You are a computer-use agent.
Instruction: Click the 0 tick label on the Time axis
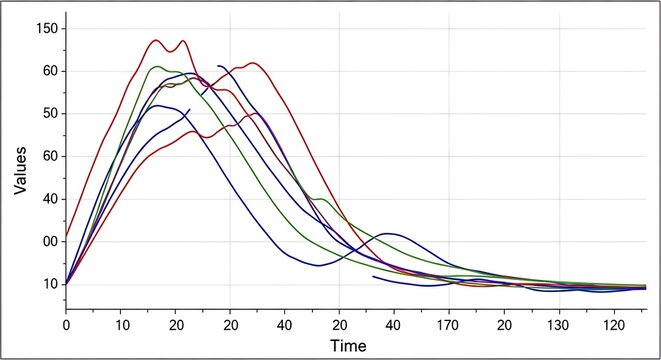(x=66, y=326)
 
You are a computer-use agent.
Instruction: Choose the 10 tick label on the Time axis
(x=121, y=326)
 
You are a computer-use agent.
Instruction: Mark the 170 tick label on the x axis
(x=450, y=326)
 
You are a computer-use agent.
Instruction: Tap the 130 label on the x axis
(x=560, y=326)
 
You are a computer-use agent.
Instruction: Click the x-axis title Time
(x=349, y=346)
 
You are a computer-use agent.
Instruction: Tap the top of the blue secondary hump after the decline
(x=390, y=233)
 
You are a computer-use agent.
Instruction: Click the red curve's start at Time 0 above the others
(x=67, y=237)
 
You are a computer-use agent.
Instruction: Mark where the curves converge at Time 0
(x=67, y=284)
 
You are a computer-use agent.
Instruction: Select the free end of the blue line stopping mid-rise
(x=189, y=109)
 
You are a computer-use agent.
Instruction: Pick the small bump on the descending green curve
(x=320, y=199)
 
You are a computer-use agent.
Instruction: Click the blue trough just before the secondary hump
(x=318, y=265)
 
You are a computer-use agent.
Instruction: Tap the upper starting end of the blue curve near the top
(x=217, y=66)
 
